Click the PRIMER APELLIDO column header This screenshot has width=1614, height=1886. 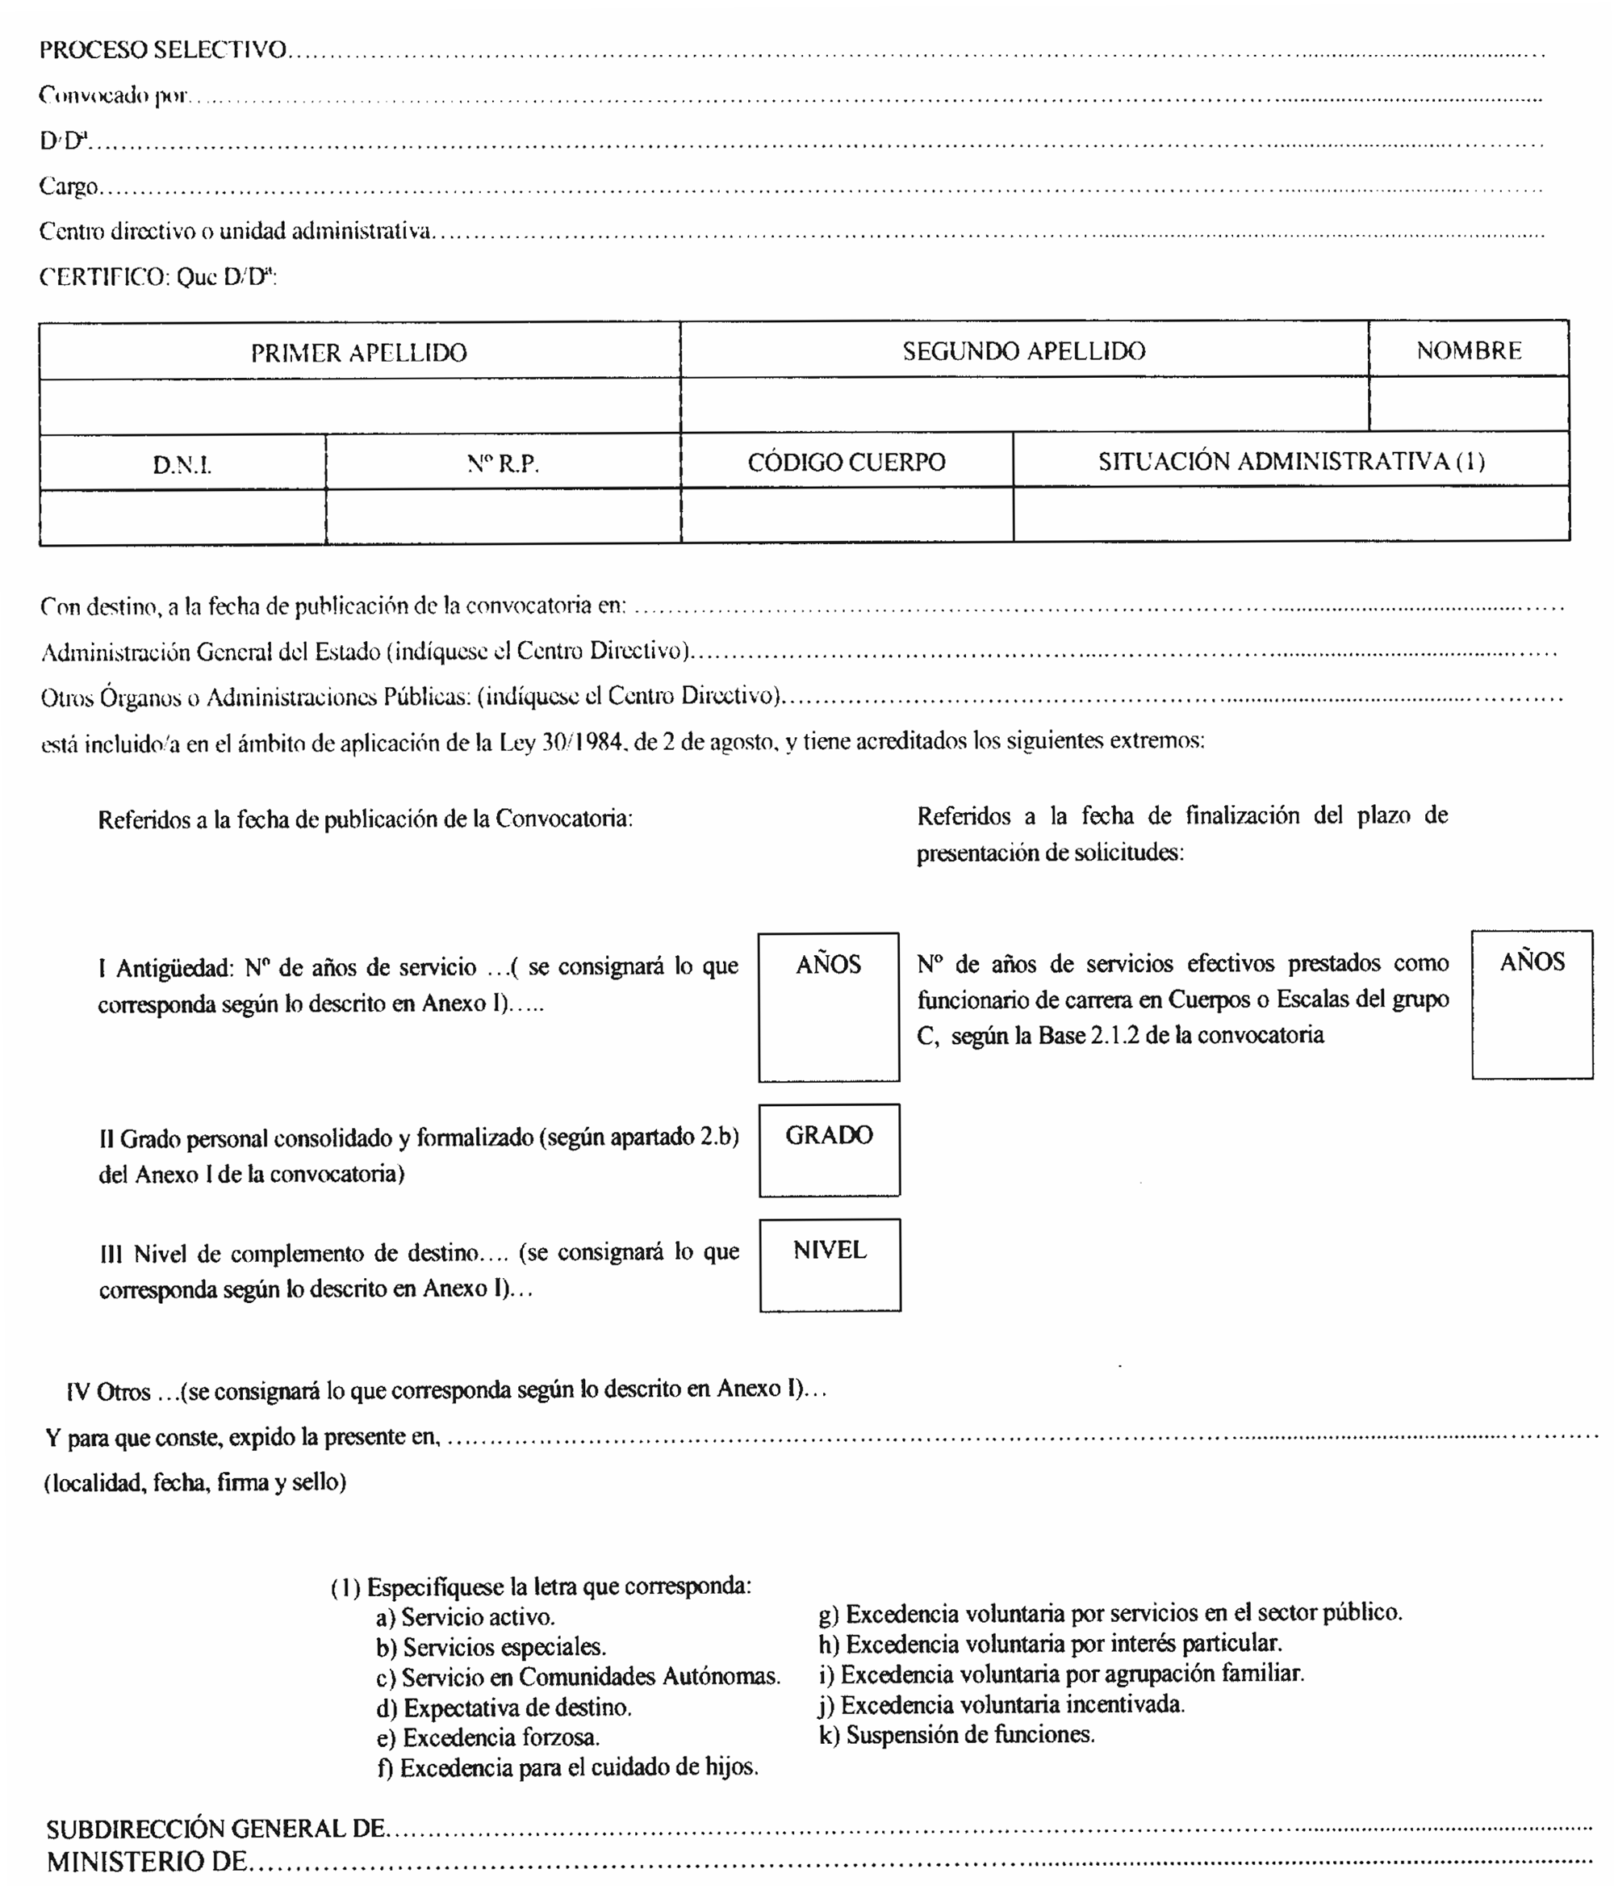pyautogui.click(x=358, y=352)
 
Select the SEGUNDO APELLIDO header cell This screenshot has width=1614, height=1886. pyautogui.click(x=1023, y=350)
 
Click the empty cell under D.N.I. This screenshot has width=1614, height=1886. pyautogui.click(x=182, y=516)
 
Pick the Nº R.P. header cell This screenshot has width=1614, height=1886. pyautogui.click(x=502, y=463)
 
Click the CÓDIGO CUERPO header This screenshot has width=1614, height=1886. pyautogui.click(x=846, y=462)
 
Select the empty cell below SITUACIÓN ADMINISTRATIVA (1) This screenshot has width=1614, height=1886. pyautogui.click(x=1290, y=514)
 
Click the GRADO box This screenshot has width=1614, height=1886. pyautogui.click(x=829, y=1150)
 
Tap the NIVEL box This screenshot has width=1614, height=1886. pyautogui.click(x=830, y=1265)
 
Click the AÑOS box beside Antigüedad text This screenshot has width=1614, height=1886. pyautogui.click(x=828, y=1008)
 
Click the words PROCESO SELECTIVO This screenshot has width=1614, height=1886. pyautogui.click(x=163, y=49)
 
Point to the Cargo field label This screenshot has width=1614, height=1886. pyautogui.click(x=69, y=187)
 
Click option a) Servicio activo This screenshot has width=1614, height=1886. pyautogui.click(x=465, y=1617)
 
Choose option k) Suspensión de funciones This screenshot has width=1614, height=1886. pyautogui.click(x=956, y=1734)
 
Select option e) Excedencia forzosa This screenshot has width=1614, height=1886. pyautogui.click(x=487, y=1737)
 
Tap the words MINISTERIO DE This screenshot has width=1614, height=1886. pyautogui.click(x=147, y=1862)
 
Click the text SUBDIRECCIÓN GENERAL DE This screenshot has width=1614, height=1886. pyautogui.click(x=215, y=1829)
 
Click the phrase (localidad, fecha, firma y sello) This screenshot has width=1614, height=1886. pyautogui.click(x=195, y=1482)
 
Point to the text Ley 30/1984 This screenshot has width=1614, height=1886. pyautogui.click(x=560, y=742)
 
